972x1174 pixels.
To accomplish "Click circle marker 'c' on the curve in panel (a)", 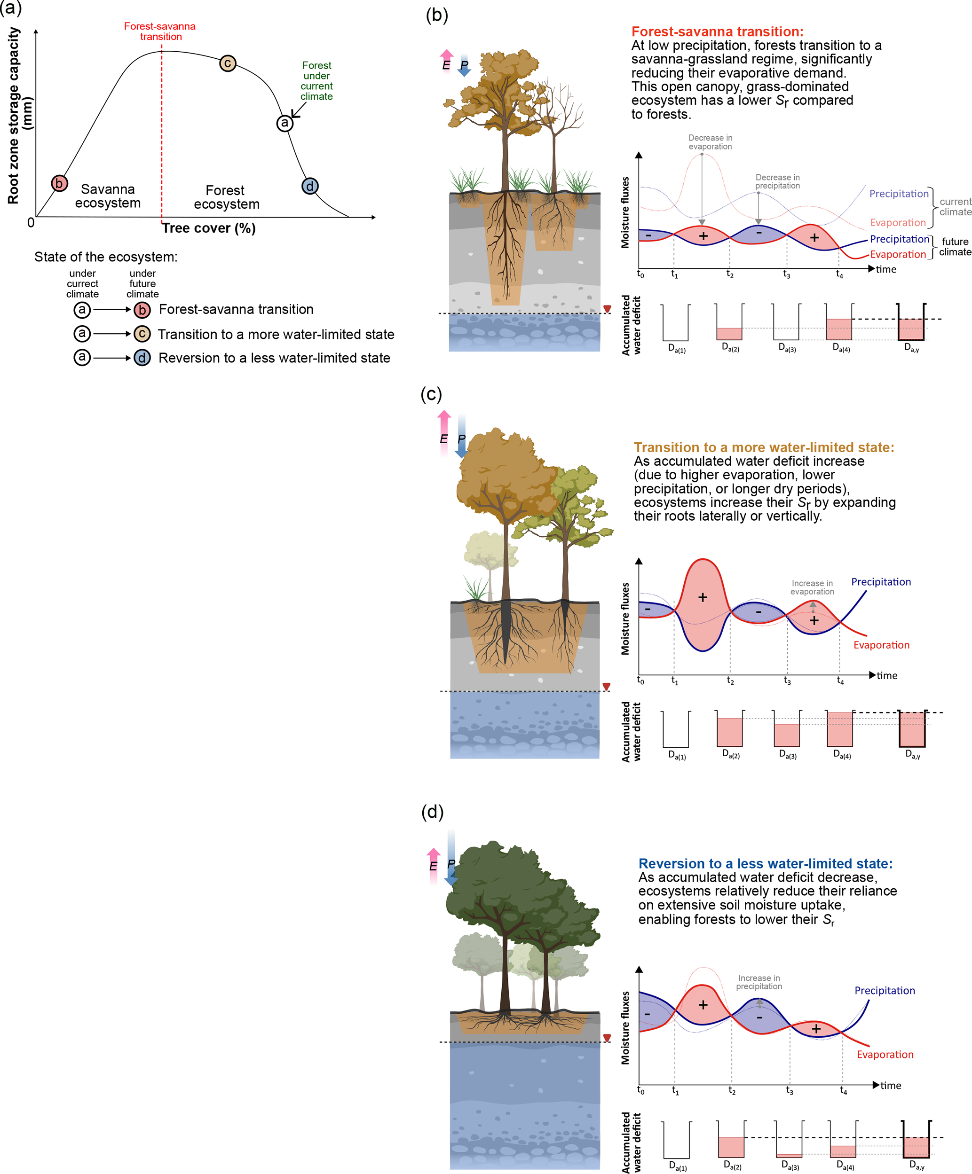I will click(227, 63).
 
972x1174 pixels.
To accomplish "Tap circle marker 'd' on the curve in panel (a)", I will click(310, 186).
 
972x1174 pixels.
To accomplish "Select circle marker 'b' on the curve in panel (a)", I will click(59, 183).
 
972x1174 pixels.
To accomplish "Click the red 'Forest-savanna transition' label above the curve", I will click(160, 31).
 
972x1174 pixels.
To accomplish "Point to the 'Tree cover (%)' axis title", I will click(209, 228).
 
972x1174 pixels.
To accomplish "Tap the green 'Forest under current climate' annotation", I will click(316, 81).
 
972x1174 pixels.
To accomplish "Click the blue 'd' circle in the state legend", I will click(142, 358).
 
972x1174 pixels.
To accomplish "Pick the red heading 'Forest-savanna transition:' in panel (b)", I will click(717, 32).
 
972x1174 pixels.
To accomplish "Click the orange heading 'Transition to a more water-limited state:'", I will click(763, 447).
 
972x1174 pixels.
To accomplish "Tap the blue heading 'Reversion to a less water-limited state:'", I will click(765, 863).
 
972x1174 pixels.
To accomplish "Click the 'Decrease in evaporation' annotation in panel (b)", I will click(710, 142).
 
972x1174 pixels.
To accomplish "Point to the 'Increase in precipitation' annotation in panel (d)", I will click(759, 982).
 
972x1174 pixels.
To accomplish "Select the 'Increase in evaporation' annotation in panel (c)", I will click(812, 587).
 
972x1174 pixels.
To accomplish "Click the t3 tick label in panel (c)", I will click(787, 681).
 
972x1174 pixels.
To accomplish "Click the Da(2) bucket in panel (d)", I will click(731, 1139).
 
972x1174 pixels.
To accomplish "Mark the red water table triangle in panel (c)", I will click(606, 687).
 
